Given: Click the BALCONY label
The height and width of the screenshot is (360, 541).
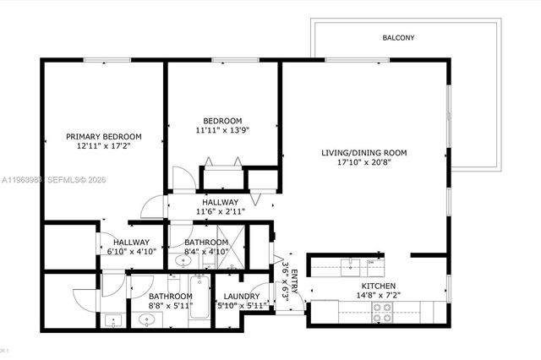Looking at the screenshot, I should click(x=397, y=38).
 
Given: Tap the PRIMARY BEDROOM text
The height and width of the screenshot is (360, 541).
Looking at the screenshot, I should click(x=104, y=136).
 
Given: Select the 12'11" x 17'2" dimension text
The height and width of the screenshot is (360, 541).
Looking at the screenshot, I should click(x=104, y=147).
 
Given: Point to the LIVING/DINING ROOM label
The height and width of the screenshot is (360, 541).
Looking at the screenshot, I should click(x=363, y=153).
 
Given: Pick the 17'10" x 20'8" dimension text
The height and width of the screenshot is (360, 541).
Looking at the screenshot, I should click(x=363, y=164).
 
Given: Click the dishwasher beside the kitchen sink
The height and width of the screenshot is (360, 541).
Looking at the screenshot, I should click(x=371, y=265).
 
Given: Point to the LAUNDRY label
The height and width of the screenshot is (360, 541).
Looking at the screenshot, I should click(x=243, y=296).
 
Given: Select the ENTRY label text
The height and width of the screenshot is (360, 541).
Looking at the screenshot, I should click(x=292, y=277).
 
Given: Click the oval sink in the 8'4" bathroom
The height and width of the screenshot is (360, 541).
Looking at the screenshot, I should click(x=183, y=263).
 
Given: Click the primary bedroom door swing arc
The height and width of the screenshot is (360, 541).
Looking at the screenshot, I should click(x=150, y=205).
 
